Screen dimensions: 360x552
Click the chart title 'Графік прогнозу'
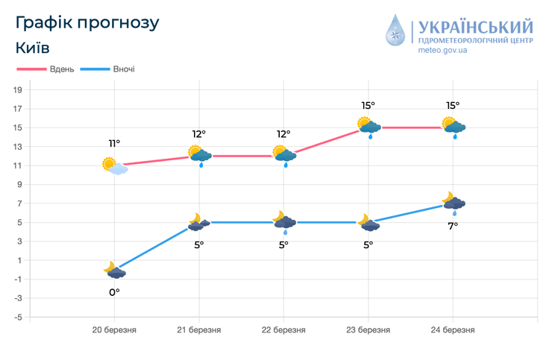point(87,22)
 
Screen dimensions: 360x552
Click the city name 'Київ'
point(32,48)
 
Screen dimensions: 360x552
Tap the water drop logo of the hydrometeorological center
point(395,33)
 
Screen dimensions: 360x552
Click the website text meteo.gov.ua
point(442,50)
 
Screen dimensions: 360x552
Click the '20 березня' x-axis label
point(114,329)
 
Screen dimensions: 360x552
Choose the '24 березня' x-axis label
point(453,329)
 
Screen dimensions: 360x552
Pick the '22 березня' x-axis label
point(283,329)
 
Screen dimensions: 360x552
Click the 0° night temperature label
point(114,292)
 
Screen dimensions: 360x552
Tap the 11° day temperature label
point(114,143)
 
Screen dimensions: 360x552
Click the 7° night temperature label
point(453,225)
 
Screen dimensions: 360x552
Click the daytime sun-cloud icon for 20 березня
point(114,165)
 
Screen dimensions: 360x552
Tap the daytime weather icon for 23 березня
point(368,127)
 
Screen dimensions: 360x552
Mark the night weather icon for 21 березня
point(198,222)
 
